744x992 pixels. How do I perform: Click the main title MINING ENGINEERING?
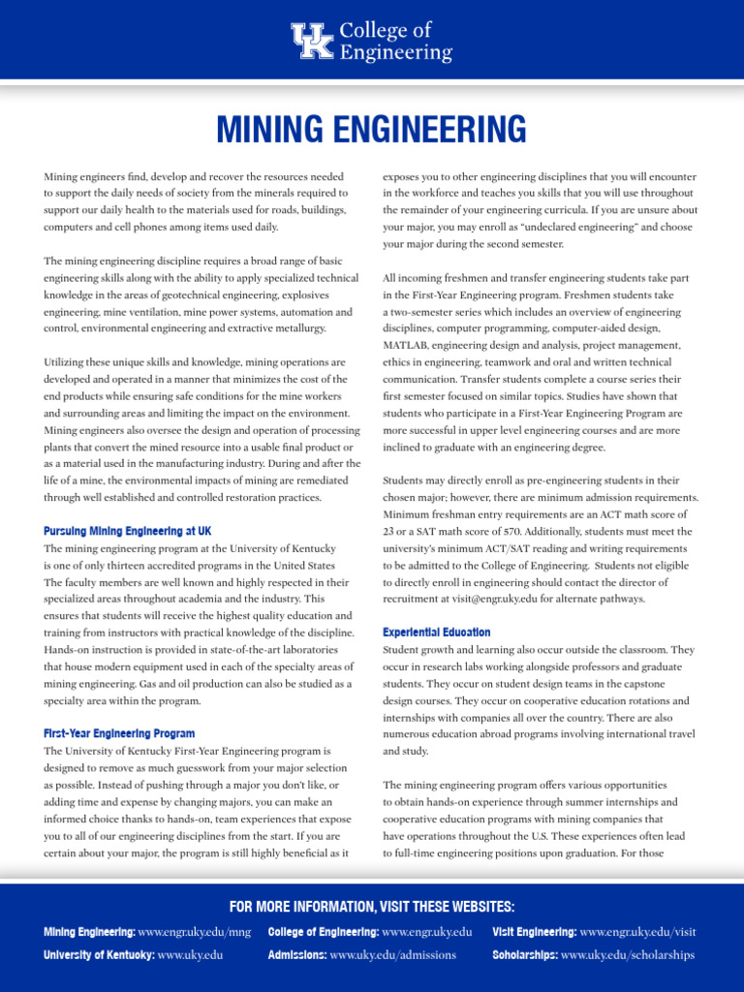371,128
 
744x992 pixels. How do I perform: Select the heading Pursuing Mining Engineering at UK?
127,531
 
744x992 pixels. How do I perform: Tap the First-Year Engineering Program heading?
119,733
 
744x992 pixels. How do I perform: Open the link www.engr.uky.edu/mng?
195,932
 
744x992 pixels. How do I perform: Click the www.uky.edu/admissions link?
392,954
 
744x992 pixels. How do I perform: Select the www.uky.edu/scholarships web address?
627,954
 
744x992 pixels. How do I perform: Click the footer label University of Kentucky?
98,954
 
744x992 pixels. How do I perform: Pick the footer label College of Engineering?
323,932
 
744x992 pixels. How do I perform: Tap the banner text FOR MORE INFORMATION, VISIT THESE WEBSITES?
371,907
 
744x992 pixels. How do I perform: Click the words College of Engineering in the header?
395,42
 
